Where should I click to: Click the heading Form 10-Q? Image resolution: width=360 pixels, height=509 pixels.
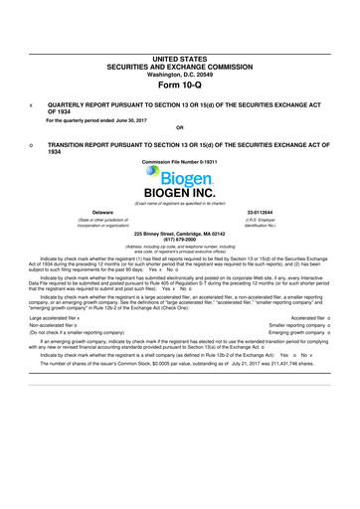pyautogui.click(x=180, y=84)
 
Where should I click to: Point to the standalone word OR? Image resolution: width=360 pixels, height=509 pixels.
pyautogui.click(x=180, y=127)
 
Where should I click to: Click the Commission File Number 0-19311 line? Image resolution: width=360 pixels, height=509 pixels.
pyautogui.click(x=180, y=161)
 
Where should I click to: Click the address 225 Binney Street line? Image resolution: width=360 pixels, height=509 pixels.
pyautogui.click(x=180, y=232)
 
